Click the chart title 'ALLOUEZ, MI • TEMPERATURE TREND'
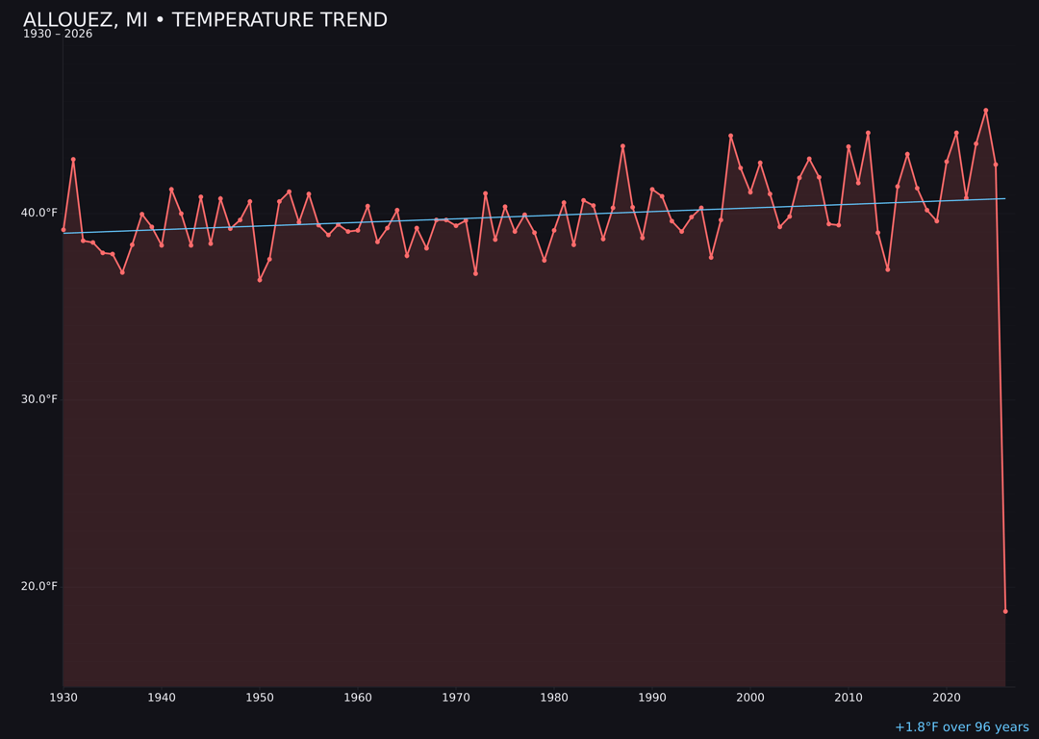205,20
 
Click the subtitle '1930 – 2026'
58,35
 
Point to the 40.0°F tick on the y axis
38,213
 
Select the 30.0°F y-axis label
38,399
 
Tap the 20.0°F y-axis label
38,586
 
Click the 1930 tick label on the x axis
63,697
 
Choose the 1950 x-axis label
260,697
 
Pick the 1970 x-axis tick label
456,697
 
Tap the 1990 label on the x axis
652,697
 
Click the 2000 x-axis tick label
750,697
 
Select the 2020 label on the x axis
947,697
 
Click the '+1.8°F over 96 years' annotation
961,727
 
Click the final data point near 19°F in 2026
1005,611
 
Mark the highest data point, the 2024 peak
986,111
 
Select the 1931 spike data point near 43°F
73,160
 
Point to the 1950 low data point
260,280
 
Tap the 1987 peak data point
622,146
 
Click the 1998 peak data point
730,136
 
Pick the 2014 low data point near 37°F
888,269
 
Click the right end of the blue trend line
1005,199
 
